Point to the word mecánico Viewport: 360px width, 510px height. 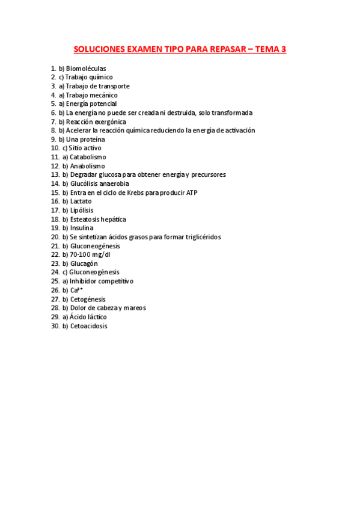(103, 95)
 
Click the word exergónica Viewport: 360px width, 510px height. (106, 121)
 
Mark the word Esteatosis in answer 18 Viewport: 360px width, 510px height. (85, 220)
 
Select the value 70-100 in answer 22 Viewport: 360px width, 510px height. (81, 254)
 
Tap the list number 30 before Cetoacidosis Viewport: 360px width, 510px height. (55, 326)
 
